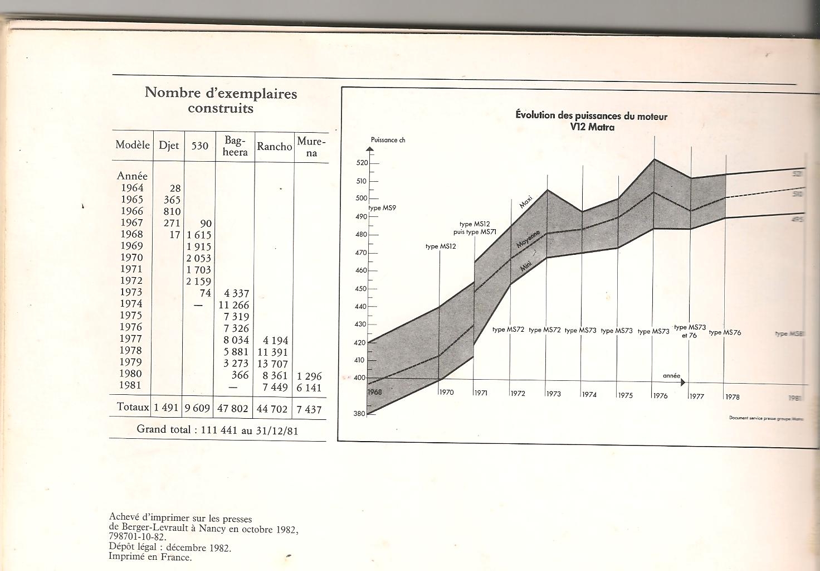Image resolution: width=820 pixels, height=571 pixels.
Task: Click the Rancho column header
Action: tap(274, 146)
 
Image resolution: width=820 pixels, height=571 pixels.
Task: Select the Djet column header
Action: tap(169, 146)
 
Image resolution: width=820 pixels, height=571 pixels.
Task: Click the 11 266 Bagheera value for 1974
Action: tap(234, 304)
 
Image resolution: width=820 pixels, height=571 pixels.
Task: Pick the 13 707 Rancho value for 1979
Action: tap(272, 364)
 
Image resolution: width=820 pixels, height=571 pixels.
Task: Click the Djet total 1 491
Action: tap(167, 408)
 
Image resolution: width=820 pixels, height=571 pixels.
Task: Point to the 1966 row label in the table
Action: tap(132, 211)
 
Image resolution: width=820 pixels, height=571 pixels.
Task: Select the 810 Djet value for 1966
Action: tap(172, 211)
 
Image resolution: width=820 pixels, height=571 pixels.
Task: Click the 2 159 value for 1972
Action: tap(199, 281)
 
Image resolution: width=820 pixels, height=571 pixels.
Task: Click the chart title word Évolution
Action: tap(535, 115)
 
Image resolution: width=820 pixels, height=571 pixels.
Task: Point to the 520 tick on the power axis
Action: tap(362, 163)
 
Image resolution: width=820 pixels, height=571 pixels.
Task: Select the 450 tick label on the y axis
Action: tap(361, 289)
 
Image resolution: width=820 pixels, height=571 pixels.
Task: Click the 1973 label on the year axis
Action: tap(554, 394)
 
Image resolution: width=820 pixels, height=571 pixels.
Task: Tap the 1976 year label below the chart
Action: tap(661, 395)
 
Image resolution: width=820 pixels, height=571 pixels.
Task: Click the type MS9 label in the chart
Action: tap(383, 208)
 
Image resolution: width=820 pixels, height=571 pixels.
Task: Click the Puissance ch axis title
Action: tap(388, 140)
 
